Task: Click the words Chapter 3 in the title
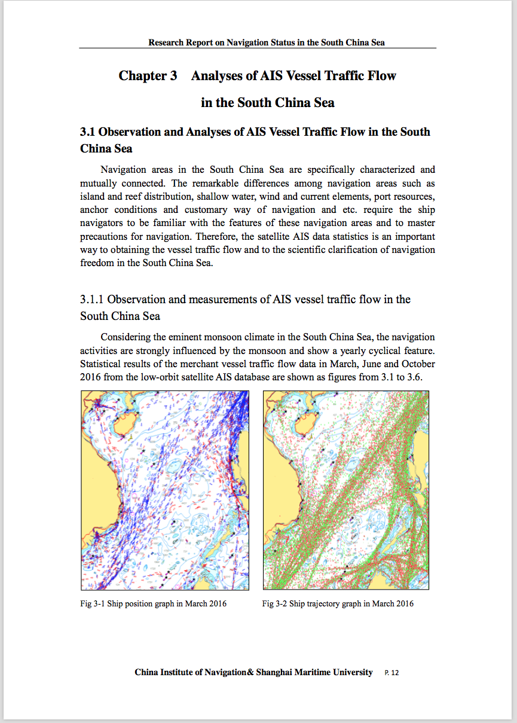[x=148, y=76]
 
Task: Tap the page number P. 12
[x=391, y=673]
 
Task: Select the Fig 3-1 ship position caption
[x=153, y=603]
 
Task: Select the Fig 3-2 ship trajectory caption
[x=338, y=603]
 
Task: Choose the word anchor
[x=94, y=210]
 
